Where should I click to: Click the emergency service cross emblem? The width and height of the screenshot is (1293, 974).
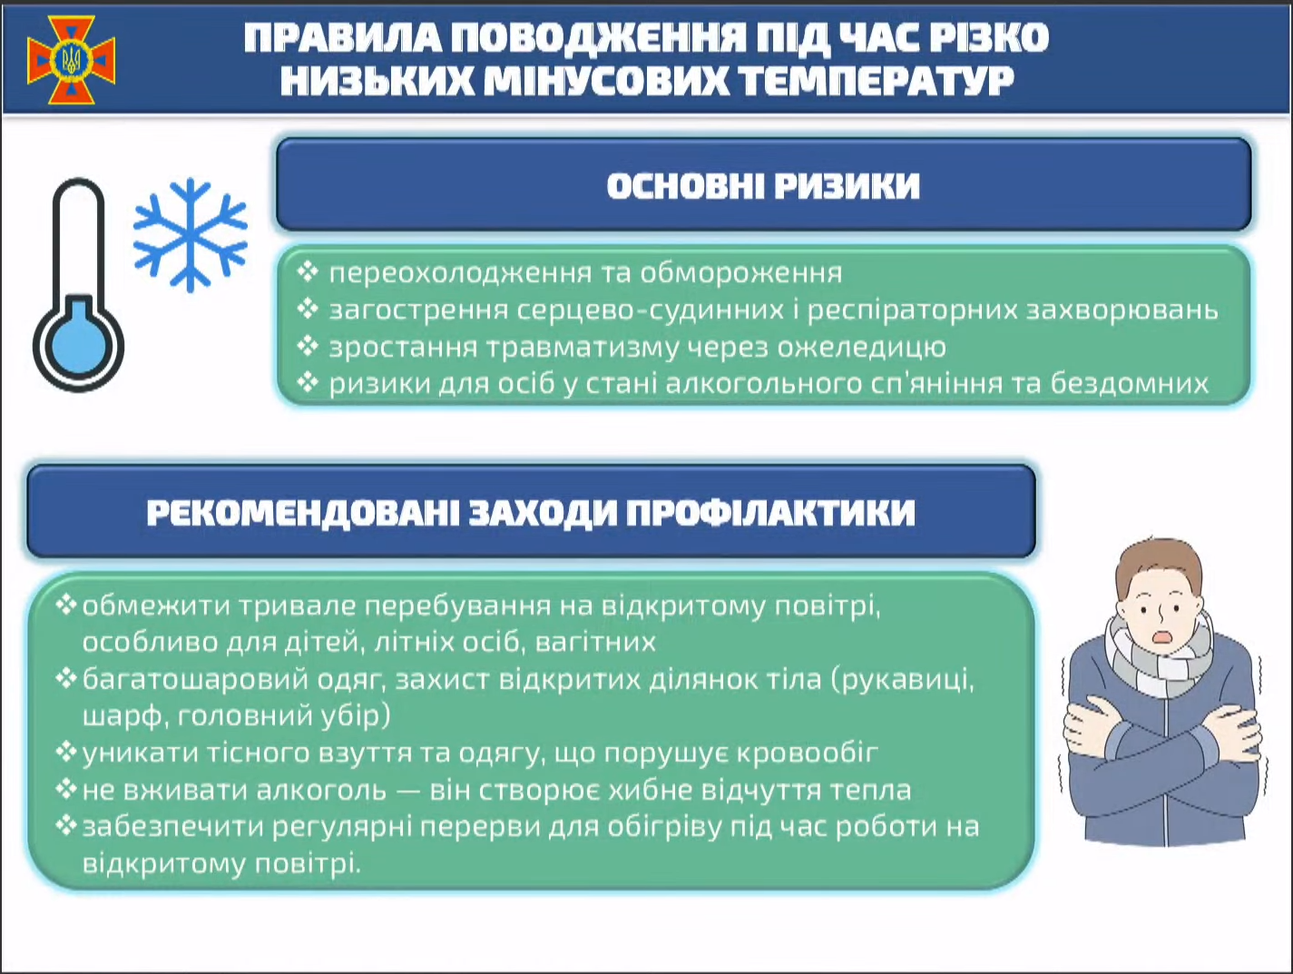[71, 59]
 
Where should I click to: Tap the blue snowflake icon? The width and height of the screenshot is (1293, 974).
[190, 235]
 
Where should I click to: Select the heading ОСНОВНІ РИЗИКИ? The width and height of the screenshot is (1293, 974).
[763, 186]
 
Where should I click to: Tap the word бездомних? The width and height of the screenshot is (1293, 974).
[1130, 383]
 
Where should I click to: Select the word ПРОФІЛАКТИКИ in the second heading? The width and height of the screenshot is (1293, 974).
[770, 513]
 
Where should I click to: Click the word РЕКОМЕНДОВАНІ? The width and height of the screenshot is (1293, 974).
[303, 513]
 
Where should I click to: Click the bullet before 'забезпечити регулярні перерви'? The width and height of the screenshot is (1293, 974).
[66, 825]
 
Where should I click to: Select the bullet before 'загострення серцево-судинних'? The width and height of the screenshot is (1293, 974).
[309, 310]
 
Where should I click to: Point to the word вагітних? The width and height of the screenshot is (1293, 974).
[595, 642]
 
